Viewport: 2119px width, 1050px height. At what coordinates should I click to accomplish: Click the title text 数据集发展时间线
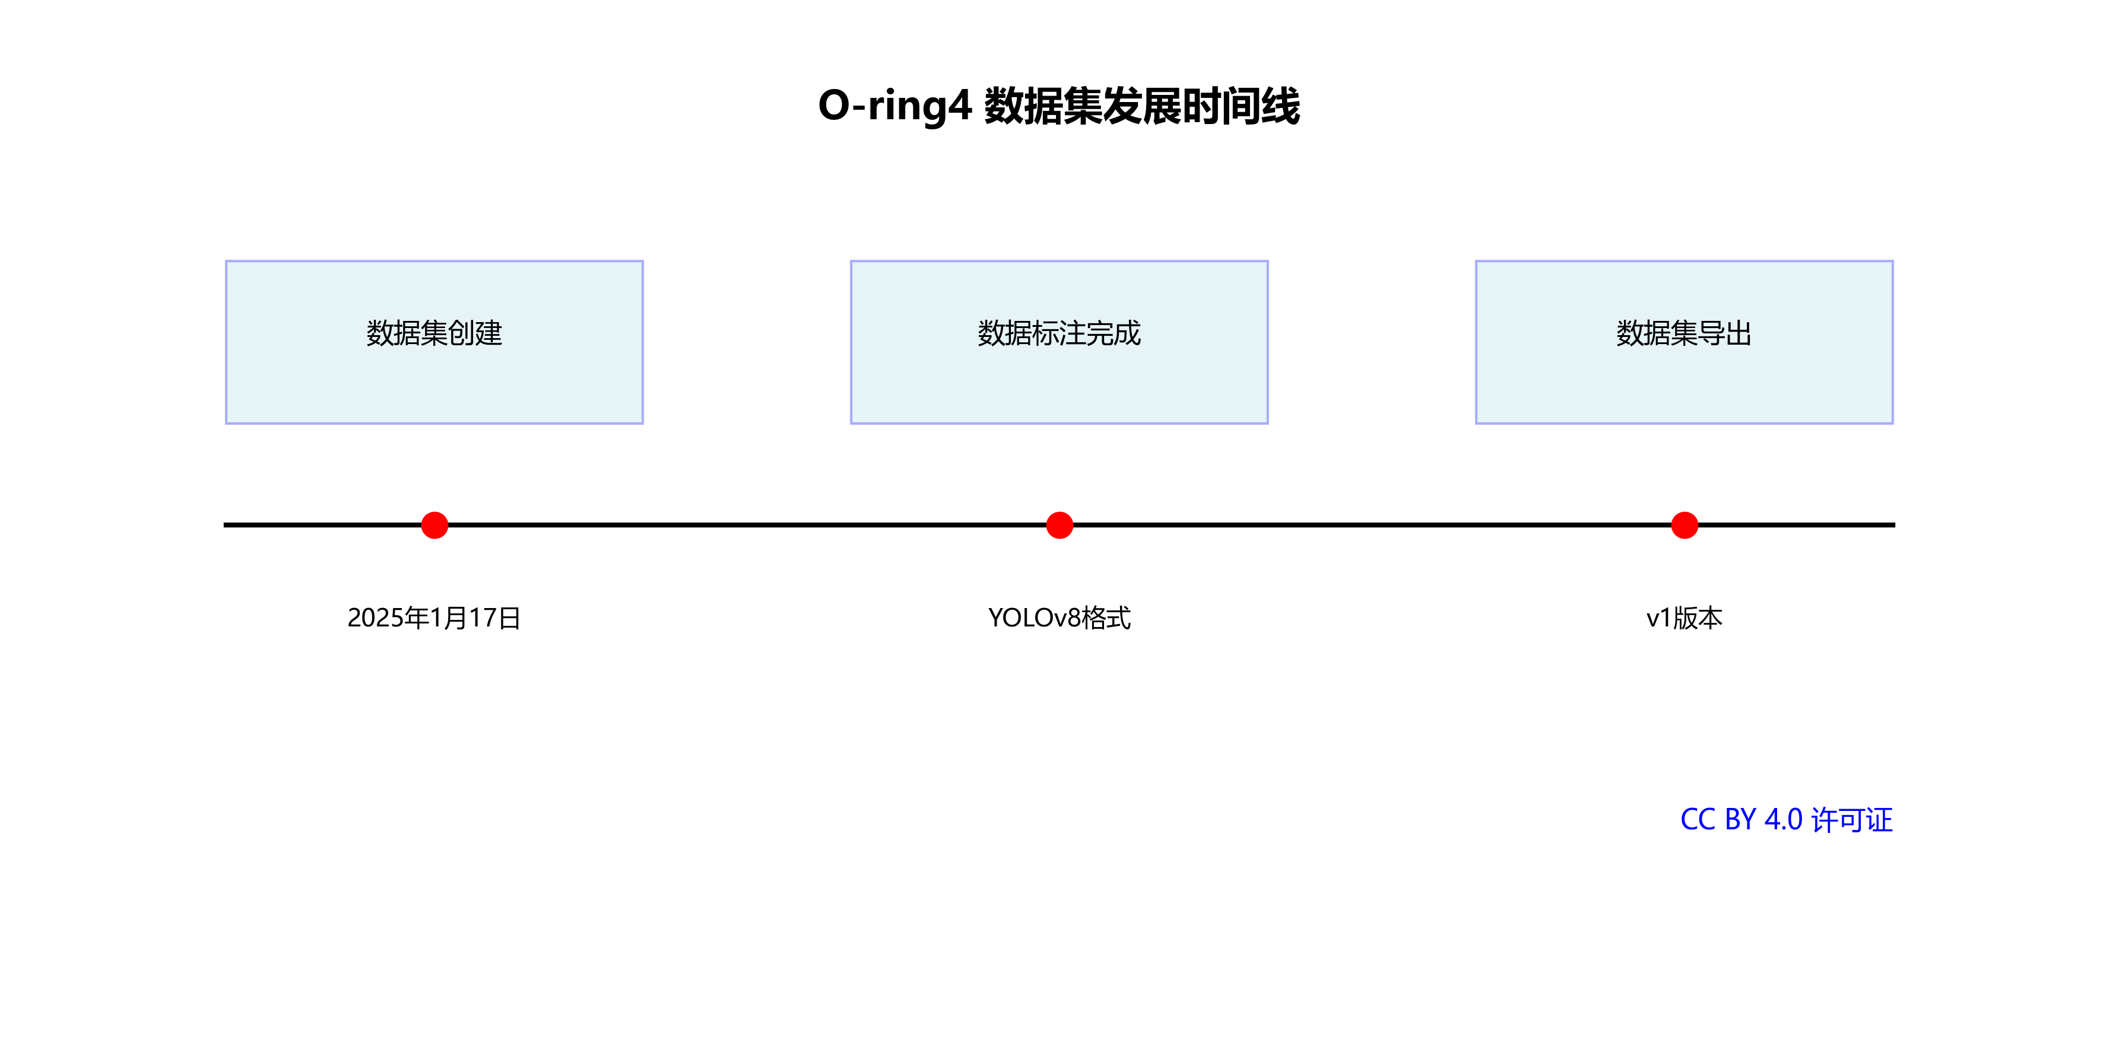point(1142,106)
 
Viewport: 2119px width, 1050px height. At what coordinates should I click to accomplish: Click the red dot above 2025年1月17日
point(434,524)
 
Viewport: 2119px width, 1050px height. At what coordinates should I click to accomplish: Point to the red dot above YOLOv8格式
point(1059,524)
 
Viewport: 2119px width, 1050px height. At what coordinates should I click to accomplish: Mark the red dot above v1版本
point(1685,524)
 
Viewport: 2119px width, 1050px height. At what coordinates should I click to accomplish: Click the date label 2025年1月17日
point(434,618)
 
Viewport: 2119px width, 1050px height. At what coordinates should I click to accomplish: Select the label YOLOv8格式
point(1059,618)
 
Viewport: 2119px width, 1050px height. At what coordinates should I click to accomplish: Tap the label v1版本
point(1684,618)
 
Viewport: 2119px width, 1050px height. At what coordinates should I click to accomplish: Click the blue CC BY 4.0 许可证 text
point(1786,819)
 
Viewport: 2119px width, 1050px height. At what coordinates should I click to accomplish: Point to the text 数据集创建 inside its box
point(434,333)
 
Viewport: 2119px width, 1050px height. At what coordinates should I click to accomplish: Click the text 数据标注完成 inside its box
point(1059,333)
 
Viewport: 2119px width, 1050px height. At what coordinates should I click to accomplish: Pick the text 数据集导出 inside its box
point(1684,333)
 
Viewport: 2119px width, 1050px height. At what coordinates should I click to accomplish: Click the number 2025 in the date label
point(375,618)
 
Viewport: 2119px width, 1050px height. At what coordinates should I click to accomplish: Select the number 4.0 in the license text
point(1784,819)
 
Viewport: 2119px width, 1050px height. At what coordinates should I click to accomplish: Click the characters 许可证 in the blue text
point(1852,819)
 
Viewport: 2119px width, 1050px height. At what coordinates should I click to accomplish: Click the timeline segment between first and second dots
point(747,524)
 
